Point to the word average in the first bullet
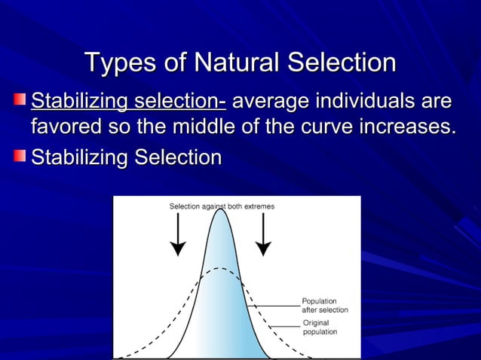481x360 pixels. click(271, 101)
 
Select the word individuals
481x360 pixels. click(365, 101)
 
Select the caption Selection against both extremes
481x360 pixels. click(222, 206)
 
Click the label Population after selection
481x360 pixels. click(324, 305)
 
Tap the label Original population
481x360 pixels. click(320, 328)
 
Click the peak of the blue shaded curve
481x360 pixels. click(220, 211)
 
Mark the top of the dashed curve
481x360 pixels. click(220, 268)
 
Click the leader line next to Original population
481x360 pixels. click(284, 325)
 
